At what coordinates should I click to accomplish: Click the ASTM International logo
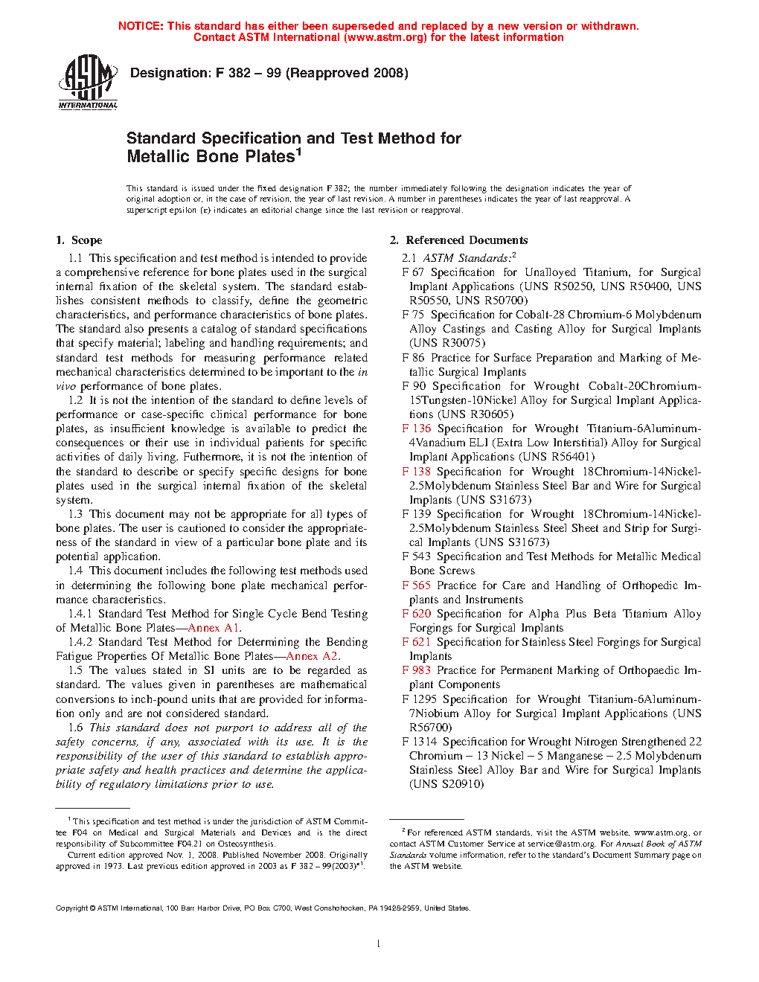[x=88, y=82]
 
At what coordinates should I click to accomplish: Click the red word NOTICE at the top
[x=140, y=26]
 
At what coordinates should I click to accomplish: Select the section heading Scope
[x=86, y=240]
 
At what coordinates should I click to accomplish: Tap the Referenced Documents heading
[x=467, y=240]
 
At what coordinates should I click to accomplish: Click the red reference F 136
[x=417, y=429]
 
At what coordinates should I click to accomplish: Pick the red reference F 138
[x=416, y=472]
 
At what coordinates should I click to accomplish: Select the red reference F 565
[x=416, y=585]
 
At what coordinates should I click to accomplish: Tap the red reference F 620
[x=416, y=614]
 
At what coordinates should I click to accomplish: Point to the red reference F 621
[x=416, y=642]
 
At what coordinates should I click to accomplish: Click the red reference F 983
[x=416, y=670]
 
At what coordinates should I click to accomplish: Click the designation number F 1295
[x=419, y=699]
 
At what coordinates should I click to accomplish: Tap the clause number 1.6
[x=76, y=728]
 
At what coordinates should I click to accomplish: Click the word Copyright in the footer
[x=71, y=908]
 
